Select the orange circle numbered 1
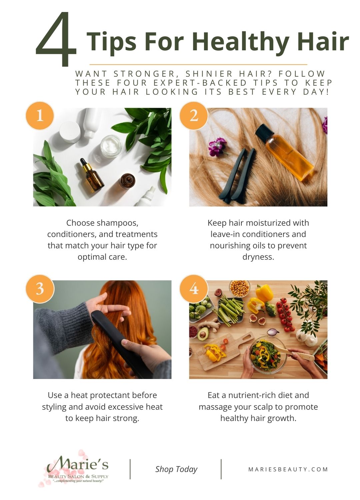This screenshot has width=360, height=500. pos(40,116)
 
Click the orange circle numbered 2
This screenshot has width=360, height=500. pos(194,116)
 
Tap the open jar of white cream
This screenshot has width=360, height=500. pos(111,146)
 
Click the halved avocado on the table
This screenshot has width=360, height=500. pos(203,333)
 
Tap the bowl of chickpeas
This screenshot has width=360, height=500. pos(239,288)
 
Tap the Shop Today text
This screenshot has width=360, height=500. pos(176,469)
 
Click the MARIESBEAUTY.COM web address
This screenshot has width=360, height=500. pos(288,469)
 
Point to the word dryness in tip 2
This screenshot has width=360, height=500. pos(258,257)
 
